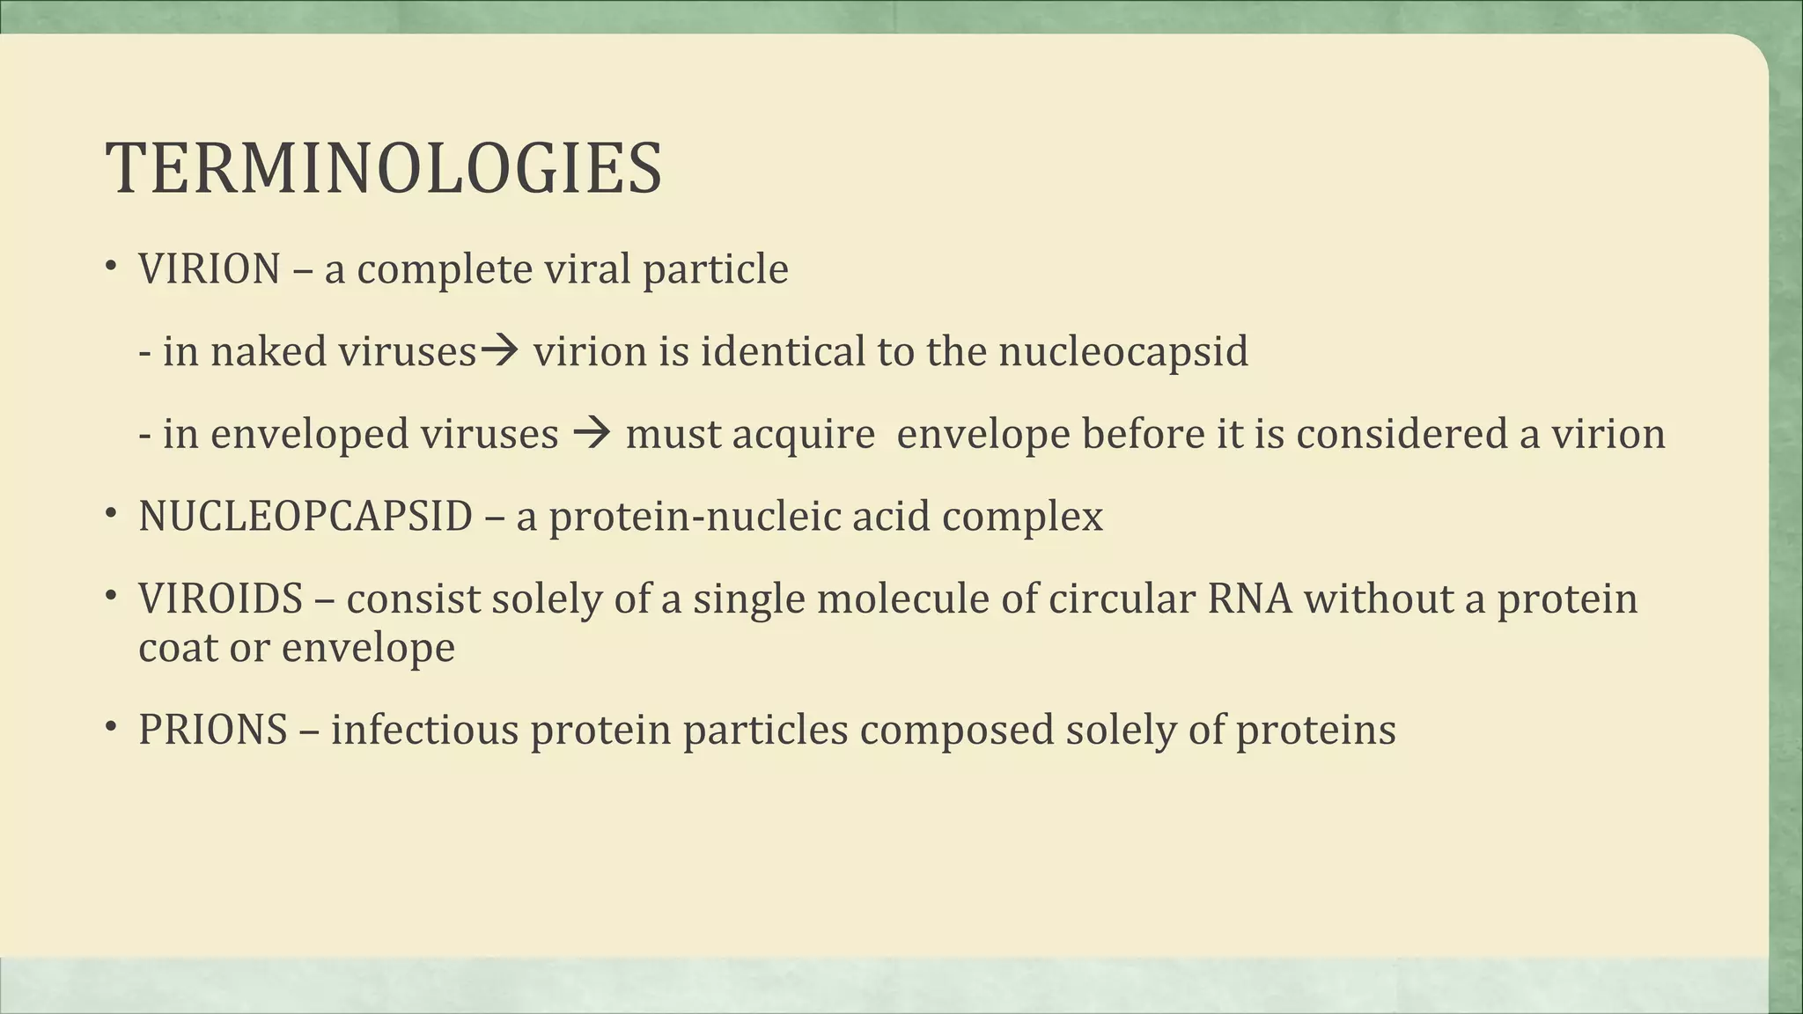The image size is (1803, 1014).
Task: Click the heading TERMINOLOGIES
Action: click(383, 168)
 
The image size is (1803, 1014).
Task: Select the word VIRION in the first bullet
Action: click(209, 269)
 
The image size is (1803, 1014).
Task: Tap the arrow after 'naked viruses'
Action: click(503, 351)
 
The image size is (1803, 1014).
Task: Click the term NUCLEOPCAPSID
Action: click(305, 517)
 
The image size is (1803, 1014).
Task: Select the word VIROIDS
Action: click(220, 599)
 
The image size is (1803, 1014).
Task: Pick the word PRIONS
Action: click(212, 731)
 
